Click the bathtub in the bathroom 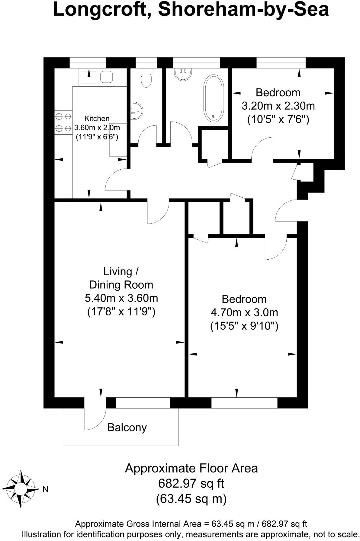pos(214,98)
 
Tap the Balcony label pos(127,427)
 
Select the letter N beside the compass pos(46,489)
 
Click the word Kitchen pos(97,118)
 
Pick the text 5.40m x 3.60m pos(121,298)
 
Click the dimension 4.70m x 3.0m pos(244,312)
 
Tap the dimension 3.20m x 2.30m pos(278,106)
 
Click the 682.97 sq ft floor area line pos(191,484)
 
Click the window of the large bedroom pos(244,403)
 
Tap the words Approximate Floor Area pos(191,468)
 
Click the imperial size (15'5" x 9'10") pos(244,326)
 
